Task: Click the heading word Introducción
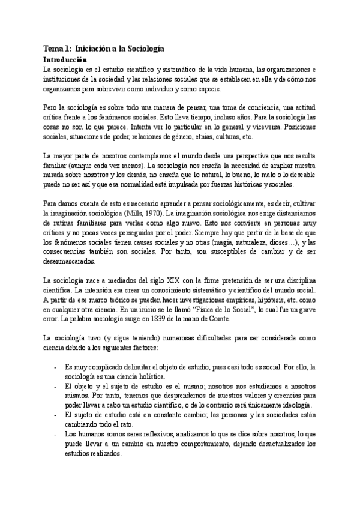click(x=66, y=60)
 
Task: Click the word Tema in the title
click(x=53, y=49)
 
